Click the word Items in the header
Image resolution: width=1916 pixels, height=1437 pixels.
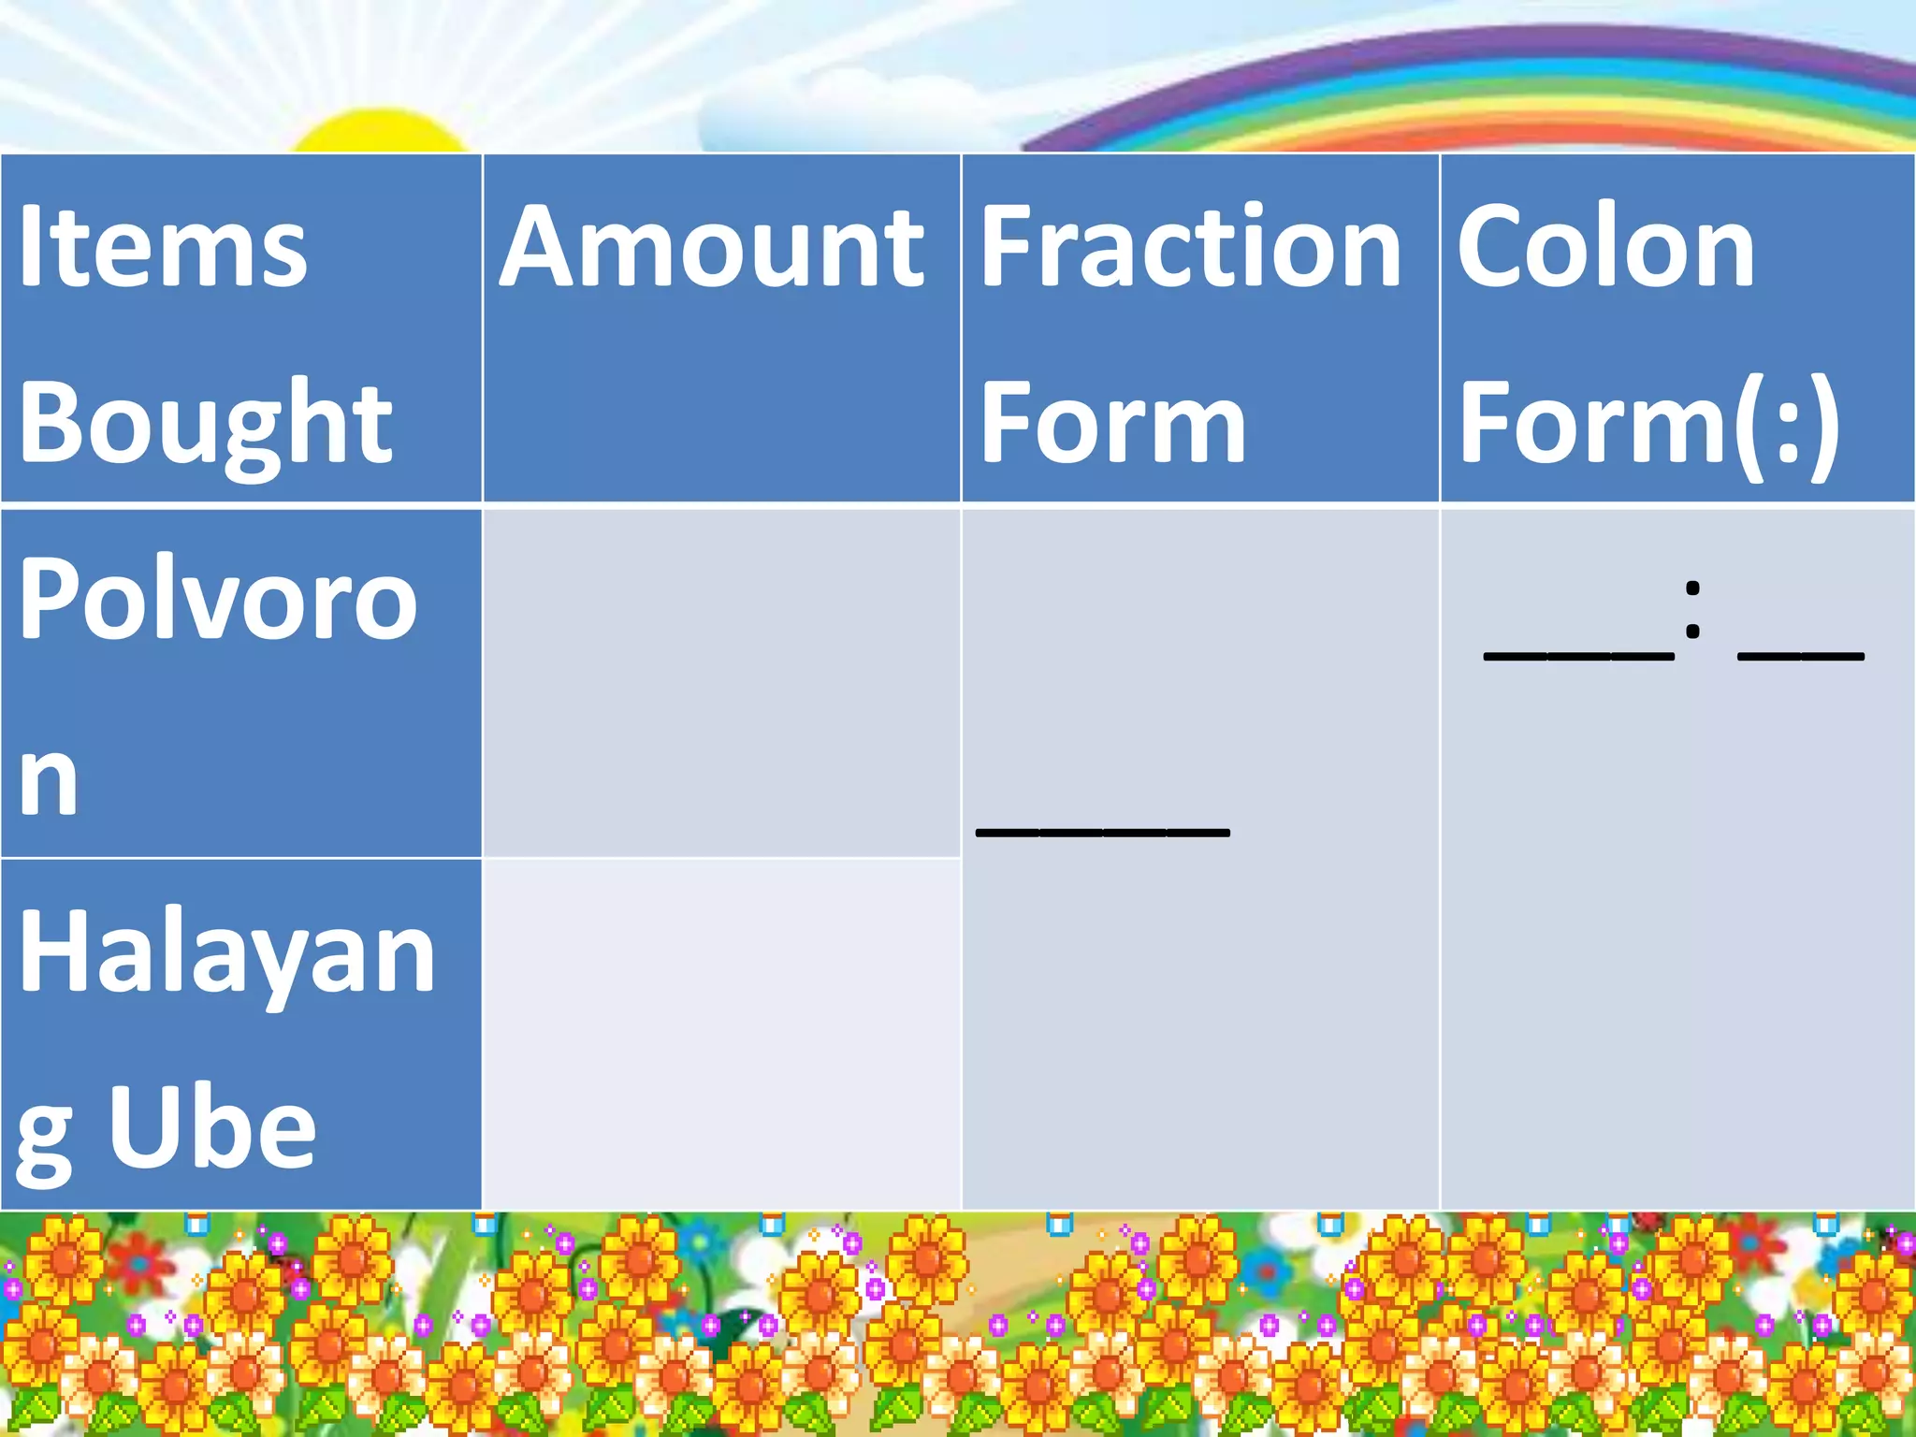click(163, 246)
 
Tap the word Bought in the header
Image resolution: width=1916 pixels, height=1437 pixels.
click(205, 422)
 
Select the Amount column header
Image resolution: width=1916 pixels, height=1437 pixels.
click(712, 246)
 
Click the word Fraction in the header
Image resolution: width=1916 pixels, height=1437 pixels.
click(1191, 246)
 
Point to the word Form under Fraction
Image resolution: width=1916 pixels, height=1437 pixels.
click(1113, 422)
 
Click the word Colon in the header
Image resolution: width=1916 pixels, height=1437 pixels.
click(1606, 246)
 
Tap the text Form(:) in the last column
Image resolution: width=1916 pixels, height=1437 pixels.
click(1649, 422)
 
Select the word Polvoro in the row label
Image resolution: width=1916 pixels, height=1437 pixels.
click(217, 599)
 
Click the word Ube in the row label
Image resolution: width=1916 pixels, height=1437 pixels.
click(213, 1127)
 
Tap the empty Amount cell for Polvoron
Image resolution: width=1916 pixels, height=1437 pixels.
click(721, 683)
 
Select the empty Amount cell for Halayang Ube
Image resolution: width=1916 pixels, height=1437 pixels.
click(721, 1034)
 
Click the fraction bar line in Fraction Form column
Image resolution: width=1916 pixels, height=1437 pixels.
click(1102, 832)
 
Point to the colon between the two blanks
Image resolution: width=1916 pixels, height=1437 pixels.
click(1692, 610)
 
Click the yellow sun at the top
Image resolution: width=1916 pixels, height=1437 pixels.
click(379, 133)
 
